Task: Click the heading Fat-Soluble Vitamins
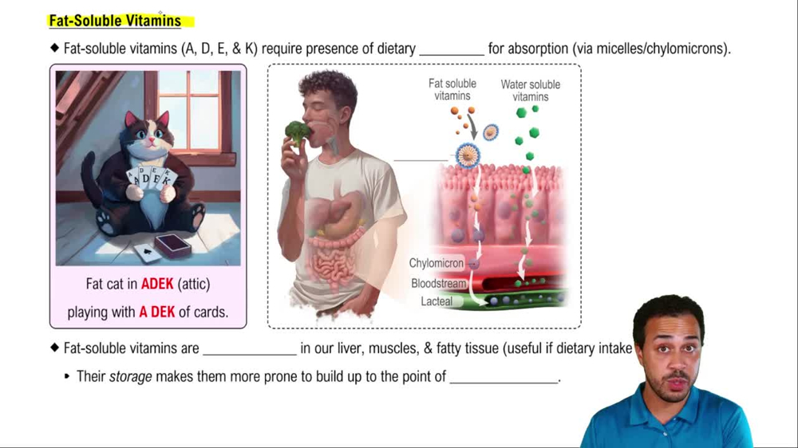[x=115, y=21]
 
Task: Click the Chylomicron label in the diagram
[x=436, y=263]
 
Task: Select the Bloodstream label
[x=437, y=283]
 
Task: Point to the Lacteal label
[x=437, y=301]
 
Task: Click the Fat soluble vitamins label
[x=452, y=89]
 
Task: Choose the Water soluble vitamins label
[x=531, y=90]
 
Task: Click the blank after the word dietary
[x=451, y=49]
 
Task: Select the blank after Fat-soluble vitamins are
[x=249, y=349]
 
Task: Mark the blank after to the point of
[x=504, y=376]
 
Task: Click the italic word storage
[x=130, y=376]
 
